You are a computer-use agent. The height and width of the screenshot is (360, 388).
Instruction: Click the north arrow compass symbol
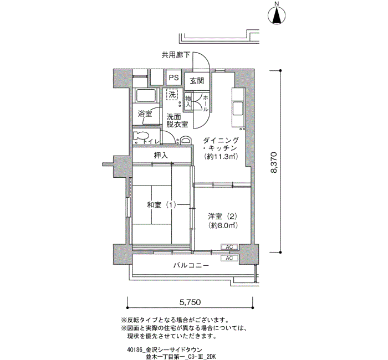pyautogui.click(x=275, y=15)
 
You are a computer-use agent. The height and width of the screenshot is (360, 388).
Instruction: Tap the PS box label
pyautogui.click(x=173, y=78)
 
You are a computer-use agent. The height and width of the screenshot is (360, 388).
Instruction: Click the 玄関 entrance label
pyautogui.click(x=196, y=80)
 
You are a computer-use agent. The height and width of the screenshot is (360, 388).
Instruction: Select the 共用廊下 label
pyautogui.click(x=176, y=55)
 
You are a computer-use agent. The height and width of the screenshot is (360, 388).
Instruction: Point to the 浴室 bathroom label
pyautogui.click(x=145, y=114)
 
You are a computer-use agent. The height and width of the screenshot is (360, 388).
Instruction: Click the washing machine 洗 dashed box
pyautogui.click(x=172, y=95)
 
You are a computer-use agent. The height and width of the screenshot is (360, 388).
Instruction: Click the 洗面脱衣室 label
pyautogui.click(x=177, y=121)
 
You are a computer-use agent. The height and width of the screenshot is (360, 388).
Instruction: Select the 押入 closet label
pyautogui.click(x=161, y=156)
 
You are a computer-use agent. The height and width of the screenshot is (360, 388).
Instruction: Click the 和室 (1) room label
pyautogui.click(x=161, y=205)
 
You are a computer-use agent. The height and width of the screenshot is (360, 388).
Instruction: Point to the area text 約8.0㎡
pyautogui.click(x=223, y=225)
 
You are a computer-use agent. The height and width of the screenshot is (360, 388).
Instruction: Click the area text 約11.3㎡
pyautogui.click(x=220, y=157)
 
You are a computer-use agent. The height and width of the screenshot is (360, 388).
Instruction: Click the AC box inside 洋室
pyautogui.click(x=229, y=247)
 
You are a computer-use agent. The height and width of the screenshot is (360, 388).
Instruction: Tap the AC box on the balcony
pyautogui.click(x=229, y=258)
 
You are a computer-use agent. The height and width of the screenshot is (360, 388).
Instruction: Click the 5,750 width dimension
pyautogui.click(x=190, y=302)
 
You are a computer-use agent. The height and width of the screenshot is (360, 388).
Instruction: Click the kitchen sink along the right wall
pyautogui.click(x=238, y=108)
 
